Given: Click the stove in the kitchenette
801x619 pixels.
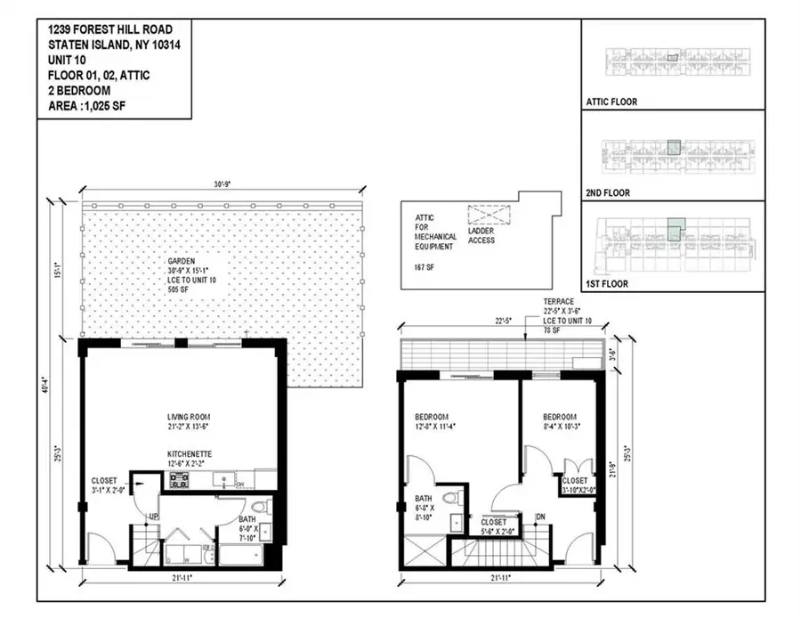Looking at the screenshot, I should [178, 481].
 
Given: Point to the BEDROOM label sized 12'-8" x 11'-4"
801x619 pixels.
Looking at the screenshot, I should [432, 417].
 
